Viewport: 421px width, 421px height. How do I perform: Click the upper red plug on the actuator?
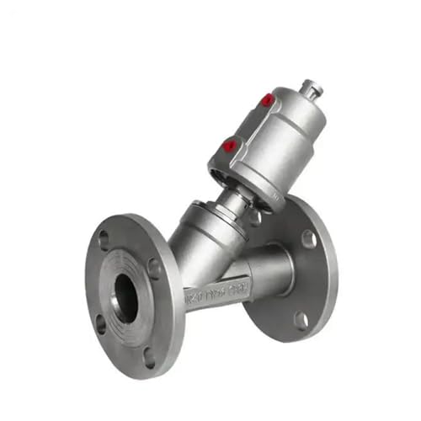(268, 101)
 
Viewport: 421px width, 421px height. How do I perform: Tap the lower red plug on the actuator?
(227, 144)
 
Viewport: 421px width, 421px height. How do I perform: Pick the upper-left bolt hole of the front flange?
(104, 240)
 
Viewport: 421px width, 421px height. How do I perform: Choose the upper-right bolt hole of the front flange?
(154, 269)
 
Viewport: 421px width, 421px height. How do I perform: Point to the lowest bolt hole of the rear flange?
(301, 318)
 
